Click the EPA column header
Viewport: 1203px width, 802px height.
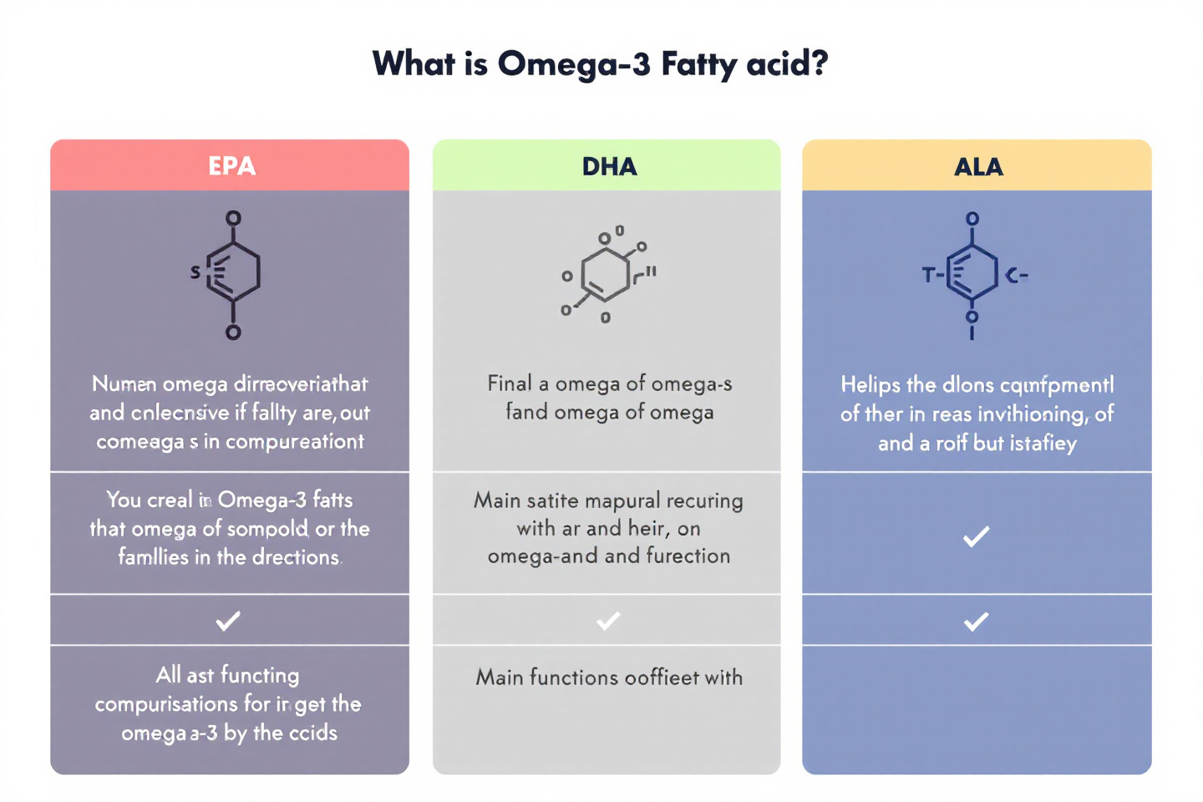point(231,165)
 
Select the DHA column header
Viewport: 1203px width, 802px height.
point(609,166)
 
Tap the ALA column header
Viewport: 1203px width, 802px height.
point(978,166)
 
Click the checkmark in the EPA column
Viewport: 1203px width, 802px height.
point(228,620)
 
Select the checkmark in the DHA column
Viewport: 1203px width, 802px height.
point(608,620)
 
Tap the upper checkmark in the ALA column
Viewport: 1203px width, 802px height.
point(976,536)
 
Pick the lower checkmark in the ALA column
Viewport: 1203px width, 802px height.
point(976,621)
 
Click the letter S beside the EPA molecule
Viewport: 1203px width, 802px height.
point(195,272)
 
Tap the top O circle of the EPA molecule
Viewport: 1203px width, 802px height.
point(233,218)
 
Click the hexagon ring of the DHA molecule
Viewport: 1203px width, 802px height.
point(605,274)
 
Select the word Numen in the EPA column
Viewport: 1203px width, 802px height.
point(124,383)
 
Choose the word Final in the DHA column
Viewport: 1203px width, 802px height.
point(510,383)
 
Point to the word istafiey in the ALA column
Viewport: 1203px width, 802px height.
point(1042,443)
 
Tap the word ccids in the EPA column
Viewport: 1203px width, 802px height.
point(313,733)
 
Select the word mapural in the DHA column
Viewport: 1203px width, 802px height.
point(622,500)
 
